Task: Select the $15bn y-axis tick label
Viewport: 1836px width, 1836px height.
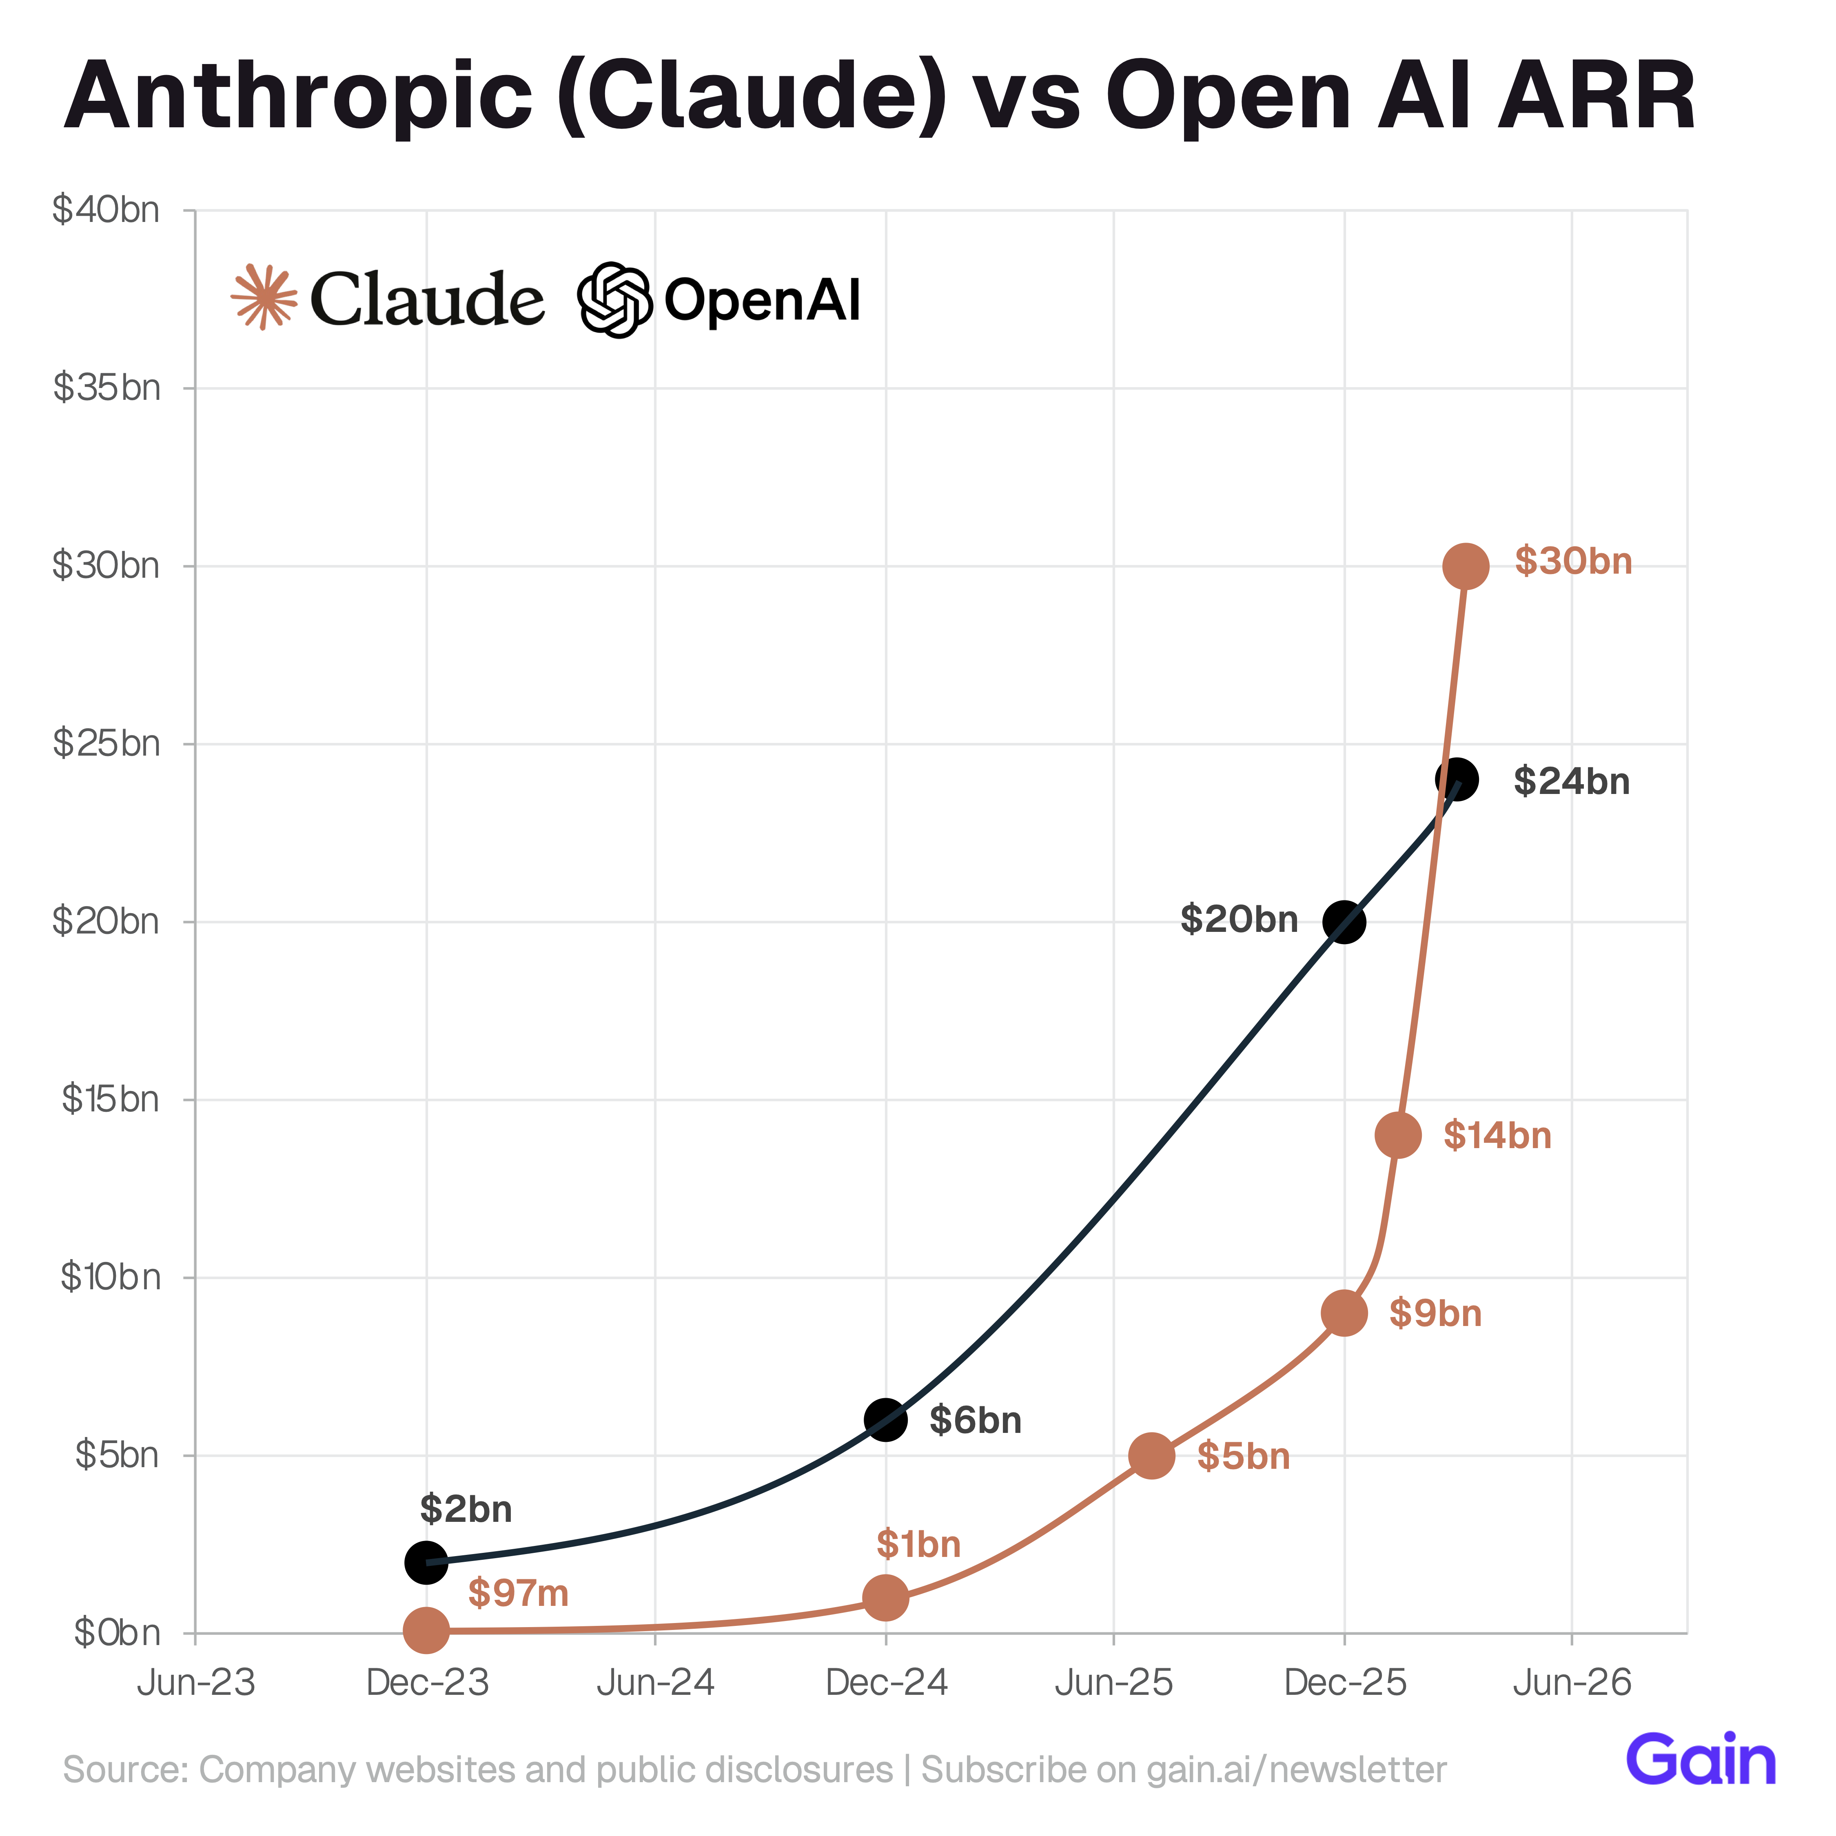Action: tap(110, 1100)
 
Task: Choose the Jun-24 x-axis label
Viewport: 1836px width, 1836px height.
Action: tap(656, 1683)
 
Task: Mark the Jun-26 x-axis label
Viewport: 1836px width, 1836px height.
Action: tap(1572, 1683)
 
